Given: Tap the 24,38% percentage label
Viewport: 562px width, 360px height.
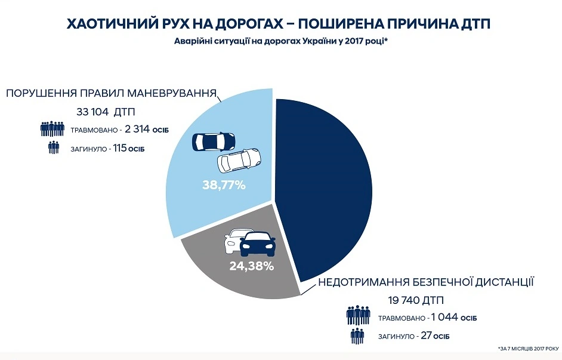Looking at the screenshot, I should [x=251, y=266].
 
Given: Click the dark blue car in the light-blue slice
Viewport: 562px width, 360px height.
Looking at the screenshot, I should [x=213, y=141].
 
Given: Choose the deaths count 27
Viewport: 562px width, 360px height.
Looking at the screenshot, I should [x=425, y=336].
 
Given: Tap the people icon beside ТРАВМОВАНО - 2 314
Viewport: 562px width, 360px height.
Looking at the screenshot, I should [x=53, y=129].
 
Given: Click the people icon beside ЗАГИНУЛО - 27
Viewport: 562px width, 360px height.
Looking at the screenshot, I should [x=357, y=336].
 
